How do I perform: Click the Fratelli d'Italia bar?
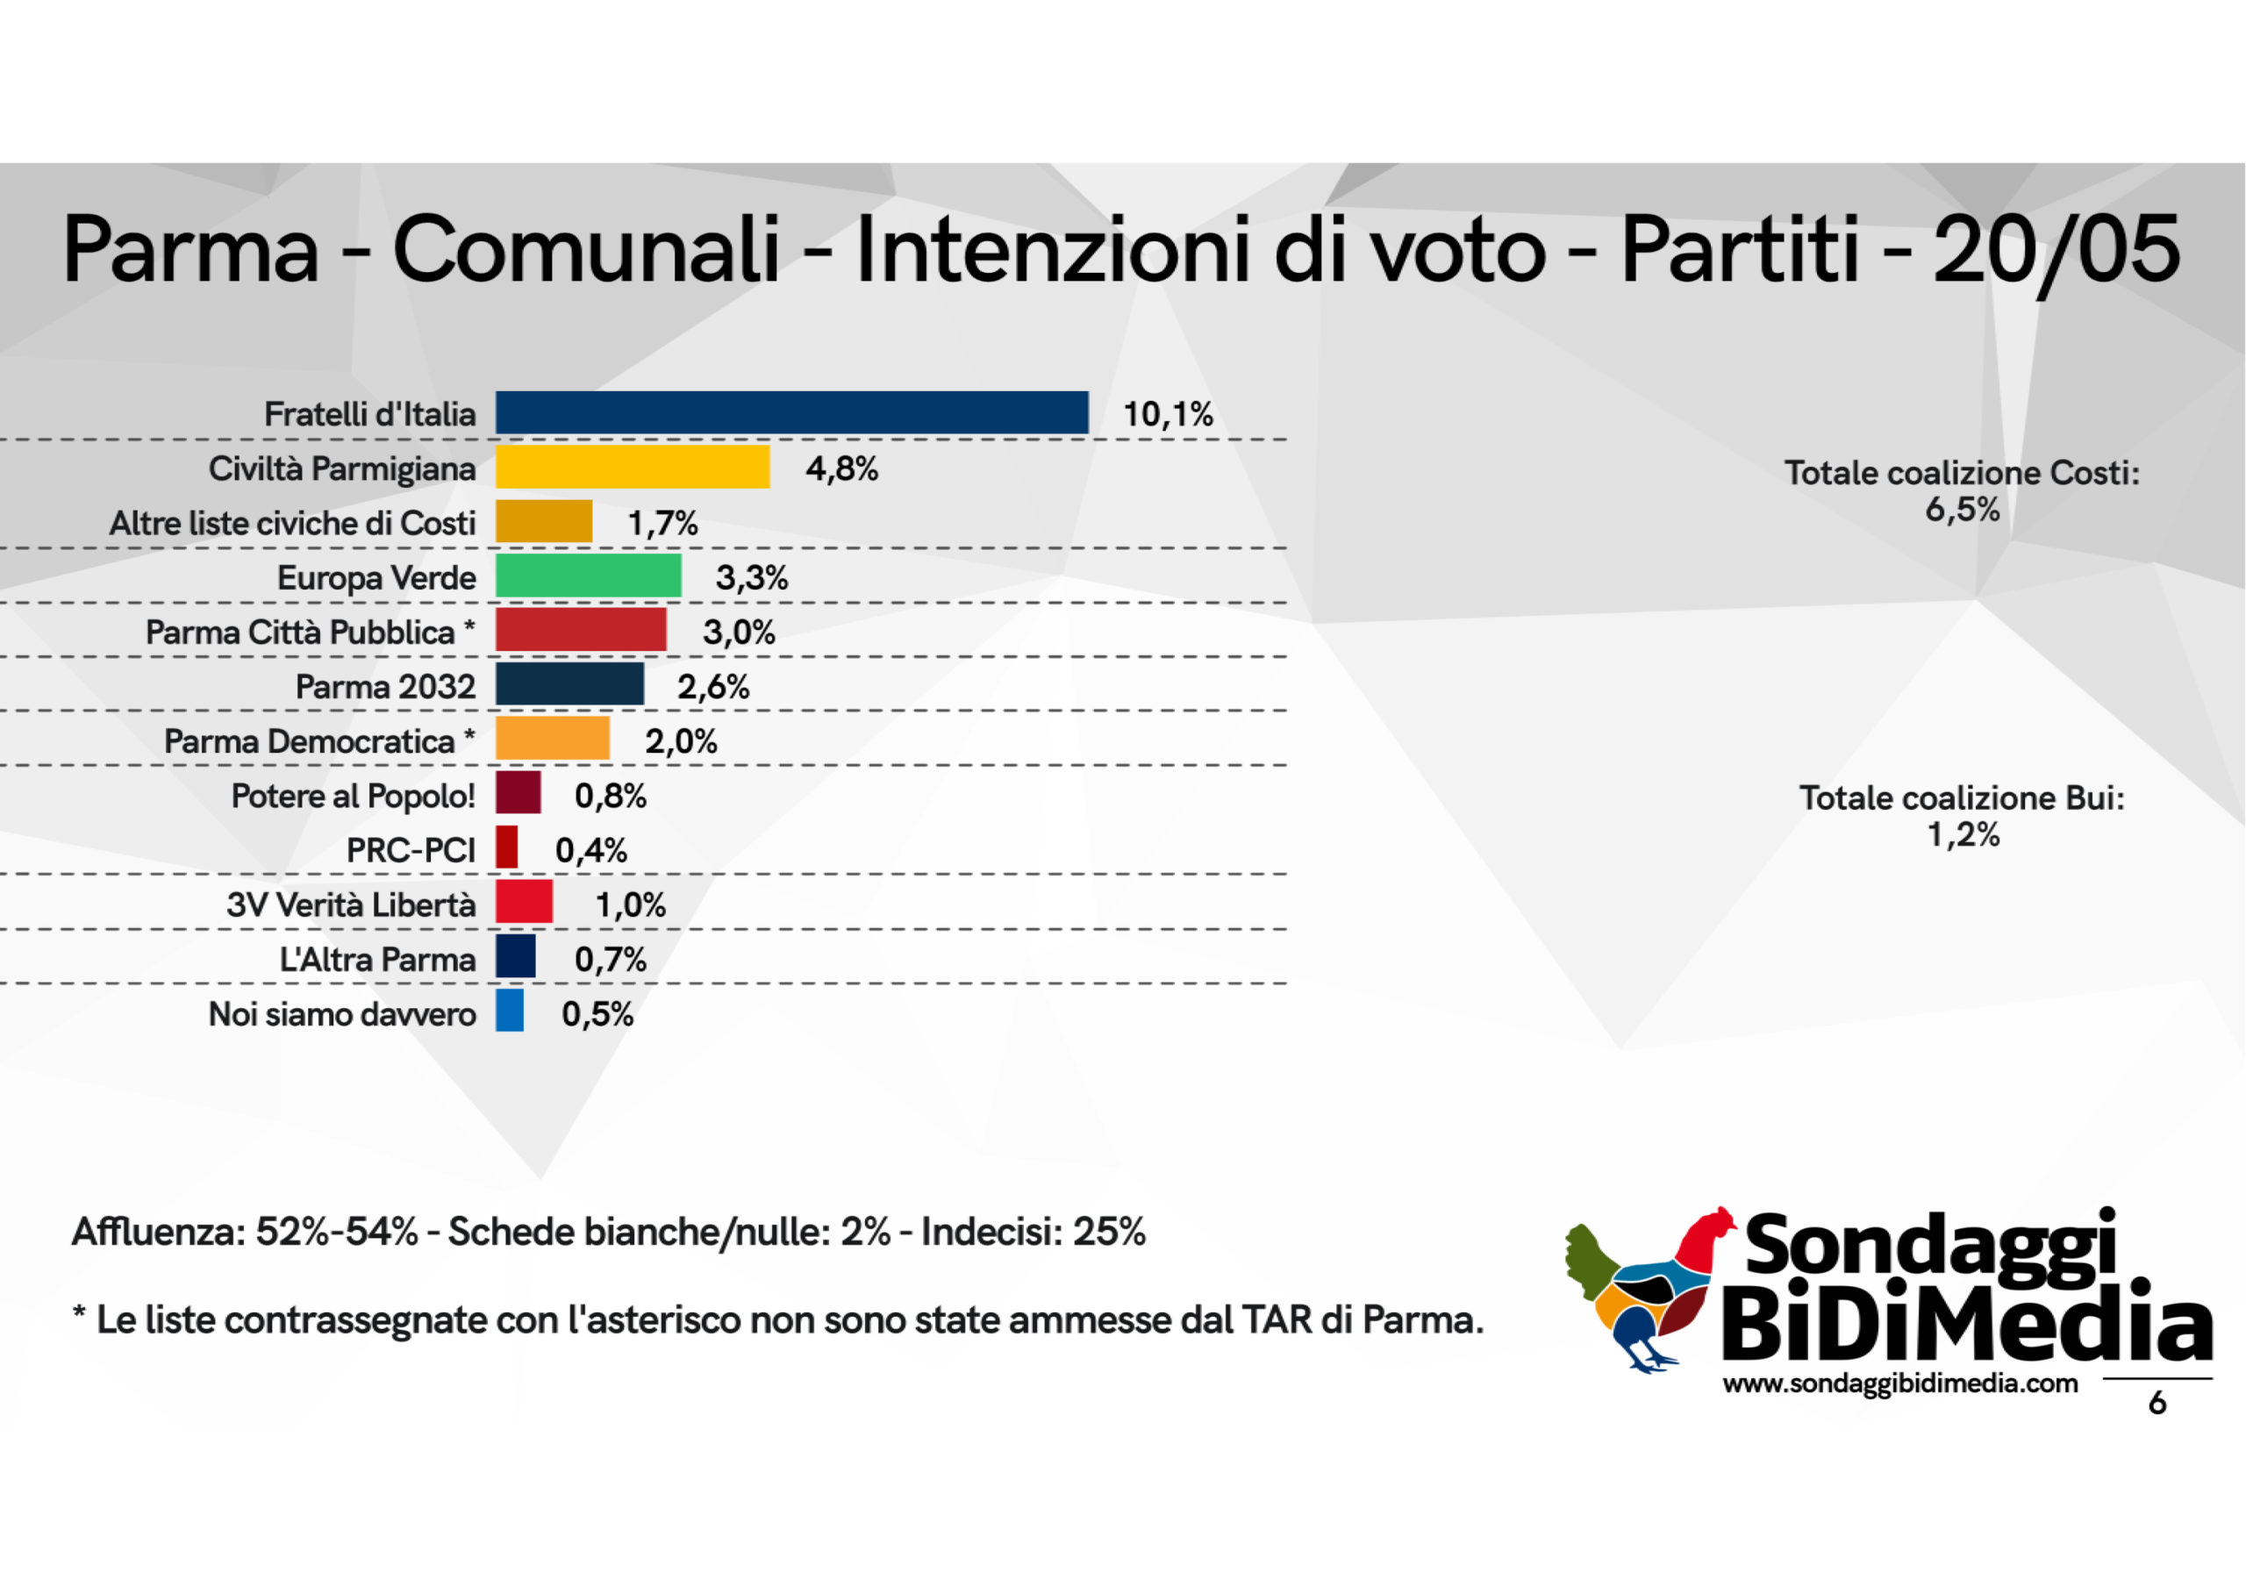791,413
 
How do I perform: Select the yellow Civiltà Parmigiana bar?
632,468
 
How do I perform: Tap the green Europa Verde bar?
588,576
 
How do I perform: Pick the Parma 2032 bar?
569,685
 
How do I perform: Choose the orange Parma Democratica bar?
552,740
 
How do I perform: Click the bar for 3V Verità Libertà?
524,902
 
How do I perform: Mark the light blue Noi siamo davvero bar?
509,1012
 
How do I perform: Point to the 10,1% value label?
1167,415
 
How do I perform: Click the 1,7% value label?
662,525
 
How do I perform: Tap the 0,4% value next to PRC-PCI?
590,851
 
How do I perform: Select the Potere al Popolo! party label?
354,797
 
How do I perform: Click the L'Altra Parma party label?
377,960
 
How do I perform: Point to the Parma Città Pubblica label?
300,633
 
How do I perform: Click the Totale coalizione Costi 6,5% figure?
1963,511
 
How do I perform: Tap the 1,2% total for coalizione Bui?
1963,835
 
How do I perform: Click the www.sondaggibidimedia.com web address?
1899,1384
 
